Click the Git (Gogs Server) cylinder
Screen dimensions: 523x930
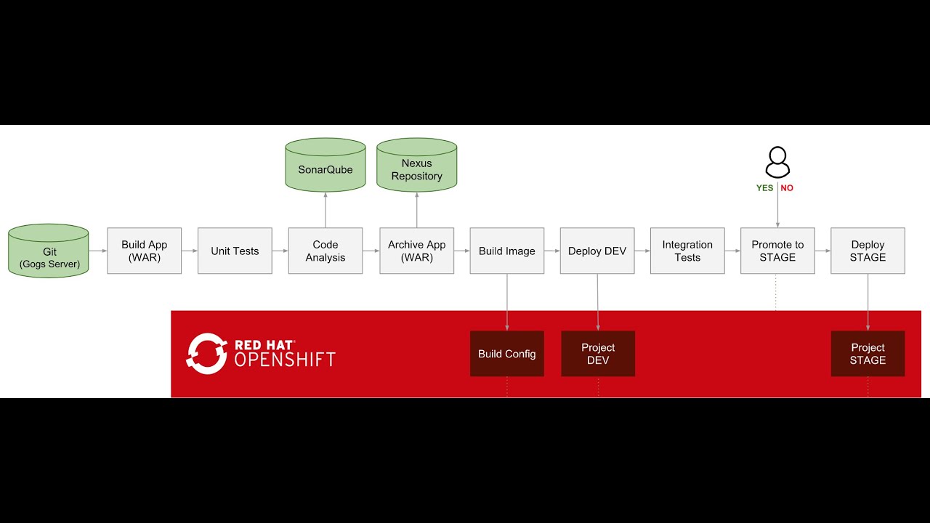(x=49, y=251)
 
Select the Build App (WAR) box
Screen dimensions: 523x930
(x=144, y=251)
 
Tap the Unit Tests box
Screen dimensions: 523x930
(x=235, y=251)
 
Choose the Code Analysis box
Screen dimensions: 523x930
(x=325, y=251)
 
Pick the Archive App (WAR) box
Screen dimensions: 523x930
(x=416, y=251)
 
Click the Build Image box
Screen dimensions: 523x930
(x=506, y=251)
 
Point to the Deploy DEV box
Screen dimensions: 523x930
(x=597, y=251)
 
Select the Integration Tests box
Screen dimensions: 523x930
(x=687, y=251)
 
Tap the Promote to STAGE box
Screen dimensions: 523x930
(x=777, y=251)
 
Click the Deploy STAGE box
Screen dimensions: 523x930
(x=868, y=251)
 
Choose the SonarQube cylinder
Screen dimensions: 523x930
(x=325, y=166)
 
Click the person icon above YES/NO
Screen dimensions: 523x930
(x=777, y=162)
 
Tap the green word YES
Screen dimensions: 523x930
(x=764, y=188)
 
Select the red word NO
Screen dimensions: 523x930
(x=787, y=188)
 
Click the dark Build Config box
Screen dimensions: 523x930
(x=506, y=354)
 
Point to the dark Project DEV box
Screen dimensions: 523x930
(x=598, y=354)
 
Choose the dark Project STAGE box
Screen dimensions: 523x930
(x=868, y=354)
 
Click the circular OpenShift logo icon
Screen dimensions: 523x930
(x=207, y=354)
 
